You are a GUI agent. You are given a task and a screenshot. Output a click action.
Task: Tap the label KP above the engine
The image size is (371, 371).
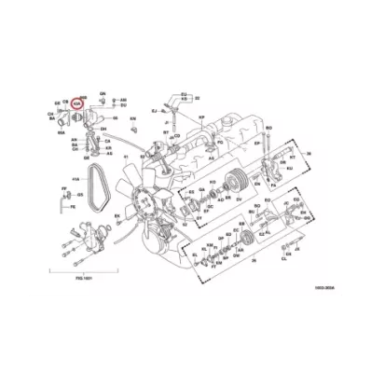(200, 117)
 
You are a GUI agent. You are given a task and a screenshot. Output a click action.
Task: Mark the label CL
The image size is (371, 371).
(285, 264)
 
